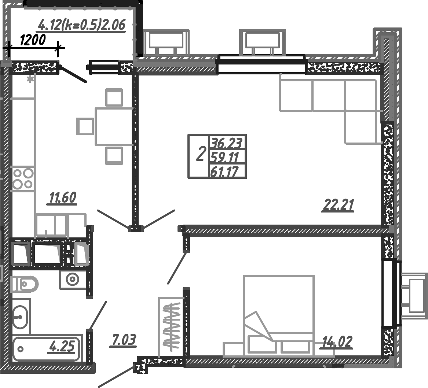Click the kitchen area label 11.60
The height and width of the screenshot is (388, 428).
coord(62,198)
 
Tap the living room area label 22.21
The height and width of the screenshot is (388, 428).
coord(338,205)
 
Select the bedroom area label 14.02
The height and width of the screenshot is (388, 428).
coord(337,342)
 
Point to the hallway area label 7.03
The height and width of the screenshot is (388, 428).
coord(123,340)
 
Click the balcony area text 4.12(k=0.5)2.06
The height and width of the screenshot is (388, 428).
coord(82,25)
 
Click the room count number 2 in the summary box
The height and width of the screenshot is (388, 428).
coord(200,154)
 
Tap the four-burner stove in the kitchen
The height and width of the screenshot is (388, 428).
coord(23,179)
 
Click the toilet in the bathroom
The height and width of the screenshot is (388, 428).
coord(25,284)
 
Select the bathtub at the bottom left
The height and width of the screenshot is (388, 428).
coord(46,349)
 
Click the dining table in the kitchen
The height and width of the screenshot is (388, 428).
coord(114,126)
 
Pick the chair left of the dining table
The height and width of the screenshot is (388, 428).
coord(85,126)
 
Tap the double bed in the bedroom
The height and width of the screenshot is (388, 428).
coord(279,315)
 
